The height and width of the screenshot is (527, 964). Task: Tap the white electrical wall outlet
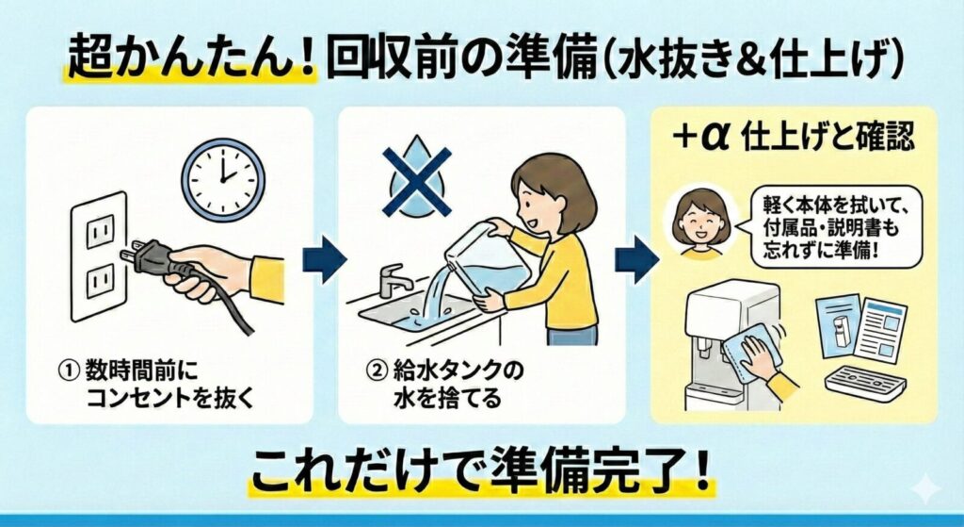pos(99,255)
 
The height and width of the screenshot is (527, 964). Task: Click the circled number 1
pos(67,366)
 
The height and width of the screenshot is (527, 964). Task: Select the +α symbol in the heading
pos(702,137)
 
